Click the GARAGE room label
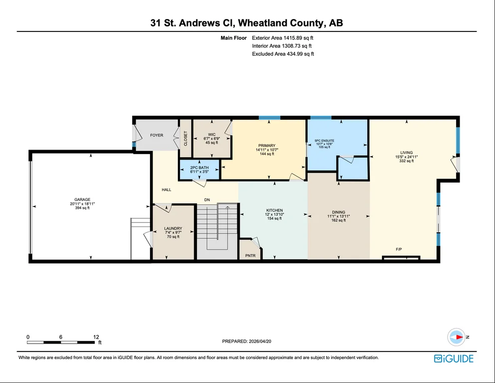82,199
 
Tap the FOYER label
157,135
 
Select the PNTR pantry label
250,255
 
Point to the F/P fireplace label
399,249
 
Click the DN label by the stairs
207,200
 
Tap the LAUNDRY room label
173,228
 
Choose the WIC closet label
212,135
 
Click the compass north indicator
457,337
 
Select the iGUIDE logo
454,359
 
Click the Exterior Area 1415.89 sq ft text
283,38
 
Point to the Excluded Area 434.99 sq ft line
283,54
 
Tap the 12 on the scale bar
96,337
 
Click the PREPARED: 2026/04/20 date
247,341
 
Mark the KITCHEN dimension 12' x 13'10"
274,214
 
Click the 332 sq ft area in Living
406,161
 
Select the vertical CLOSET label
185,138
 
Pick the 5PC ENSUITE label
325,141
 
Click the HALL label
166,190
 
